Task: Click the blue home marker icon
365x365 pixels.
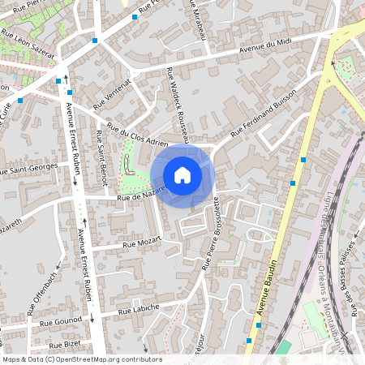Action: coord(182,174)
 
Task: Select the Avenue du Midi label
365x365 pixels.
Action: coord(264,45)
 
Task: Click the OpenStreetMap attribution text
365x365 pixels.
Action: coord(82,359)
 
